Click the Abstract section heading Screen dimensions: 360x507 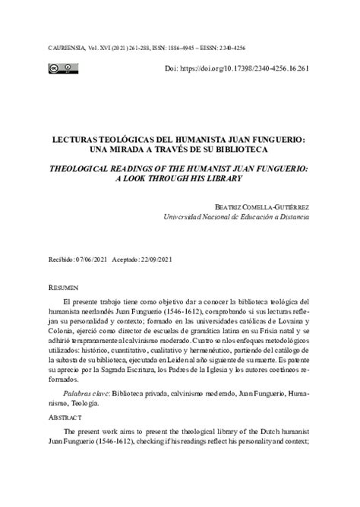(x=65, y=440)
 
